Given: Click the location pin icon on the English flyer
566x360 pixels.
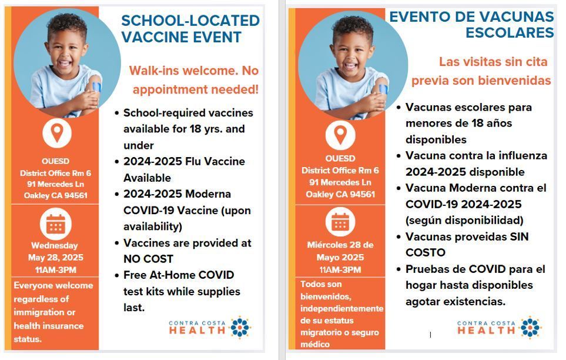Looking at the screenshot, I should tap(56, 133).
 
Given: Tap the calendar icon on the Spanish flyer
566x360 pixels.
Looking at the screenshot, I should tap(340, 222).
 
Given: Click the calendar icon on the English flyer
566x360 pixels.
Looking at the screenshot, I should tap(56, 224).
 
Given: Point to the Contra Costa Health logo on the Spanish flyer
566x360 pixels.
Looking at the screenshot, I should tap(499, 328).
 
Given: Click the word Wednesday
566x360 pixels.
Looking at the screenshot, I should tap(54, 245).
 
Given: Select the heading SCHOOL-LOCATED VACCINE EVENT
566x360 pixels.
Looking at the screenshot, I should tap(190, 29).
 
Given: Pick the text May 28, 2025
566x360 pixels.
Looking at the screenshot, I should tap(55, 258).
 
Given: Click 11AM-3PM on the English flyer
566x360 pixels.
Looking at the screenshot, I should tap(55, 270).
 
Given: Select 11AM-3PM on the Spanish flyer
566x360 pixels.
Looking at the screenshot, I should tap(340, 270).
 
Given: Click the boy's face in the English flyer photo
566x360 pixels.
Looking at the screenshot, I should tap(68, 50).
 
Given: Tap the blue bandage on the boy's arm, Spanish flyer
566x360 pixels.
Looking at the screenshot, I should tap(383, 90).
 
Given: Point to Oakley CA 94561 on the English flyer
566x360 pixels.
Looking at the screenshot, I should tap(55, 195).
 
